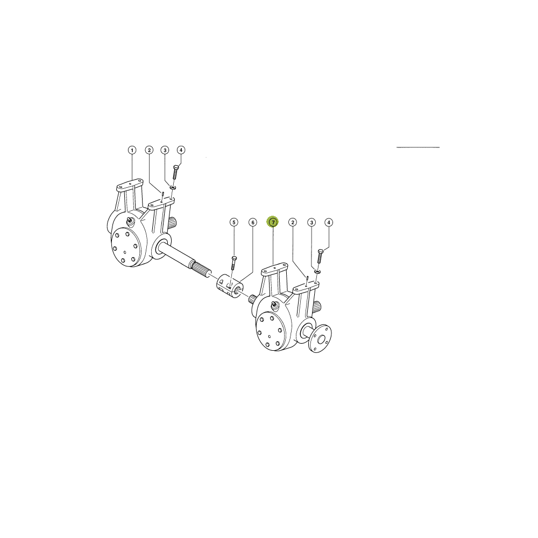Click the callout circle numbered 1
132,150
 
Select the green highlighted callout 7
273,222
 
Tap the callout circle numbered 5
233,222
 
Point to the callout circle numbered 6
252,222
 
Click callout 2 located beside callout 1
148,150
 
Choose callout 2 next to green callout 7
292,222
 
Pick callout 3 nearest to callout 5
311,222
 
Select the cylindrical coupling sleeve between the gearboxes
229,286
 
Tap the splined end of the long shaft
202,270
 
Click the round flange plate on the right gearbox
320,339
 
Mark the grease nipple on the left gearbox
130,221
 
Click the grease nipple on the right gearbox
274,305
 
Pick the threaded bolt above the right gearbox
321,256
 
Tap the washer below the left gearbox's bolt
173,187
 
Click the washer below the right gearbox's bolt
317,272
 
